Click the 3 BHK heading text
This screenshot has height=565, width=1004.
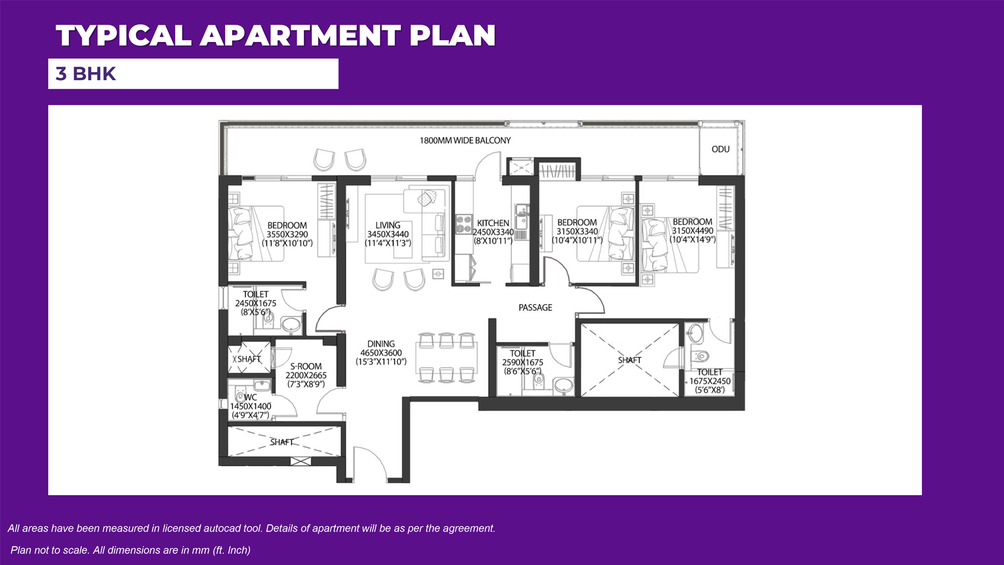pyautogui.click(x=86, y=74)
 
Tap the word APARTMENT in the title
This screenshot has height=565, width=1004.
pyautogui.click(x=300, y=35)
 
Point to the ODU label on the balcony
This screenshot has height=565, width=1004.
pyautogui.click(x=720, y=149)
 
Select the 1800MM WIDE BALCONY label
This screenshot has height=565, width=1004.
pyautogui.click(x=465, y=140)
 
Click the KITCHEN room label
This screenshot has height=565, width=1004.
pyautogui.click(x=493, y=223)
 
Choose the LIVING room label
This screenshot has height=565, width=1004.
pyautogui.click(x=388, y=225)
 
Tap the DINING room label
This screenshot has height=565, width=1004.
pyautogui.click(x=381, y=344)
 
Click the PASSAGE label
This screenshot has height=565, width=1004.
pyautogui.click(x=535, y=307)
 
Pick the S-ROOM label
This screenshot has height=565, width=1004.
pyautogui.click(x=306, y=367)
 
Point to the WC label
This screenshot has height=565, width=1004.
pyautogui.click(x=250, y=397)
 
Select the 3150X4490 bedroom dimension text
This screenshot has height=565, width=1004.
pyautogui.click(x=692, y=231)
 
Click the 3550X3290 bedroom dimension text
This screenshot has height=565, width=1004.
pyautogui.click(x=287, y=234)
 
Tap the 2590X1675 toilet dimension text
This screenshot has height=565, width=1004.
pyautogui.click(x=523, y=362)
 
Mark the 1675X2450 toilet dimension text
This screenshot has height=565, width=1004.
pyautogui.click(x=710, y=381)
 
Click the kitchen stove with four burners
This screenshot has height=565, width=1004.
pyautogui.click(x=464, y=224)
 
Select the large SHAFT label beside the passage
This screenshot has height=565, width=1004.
pyautogui.click(x=630, y=360)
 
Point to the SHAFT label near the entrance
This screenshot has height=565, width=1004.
pyautogui.click(x=281, y=442)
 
